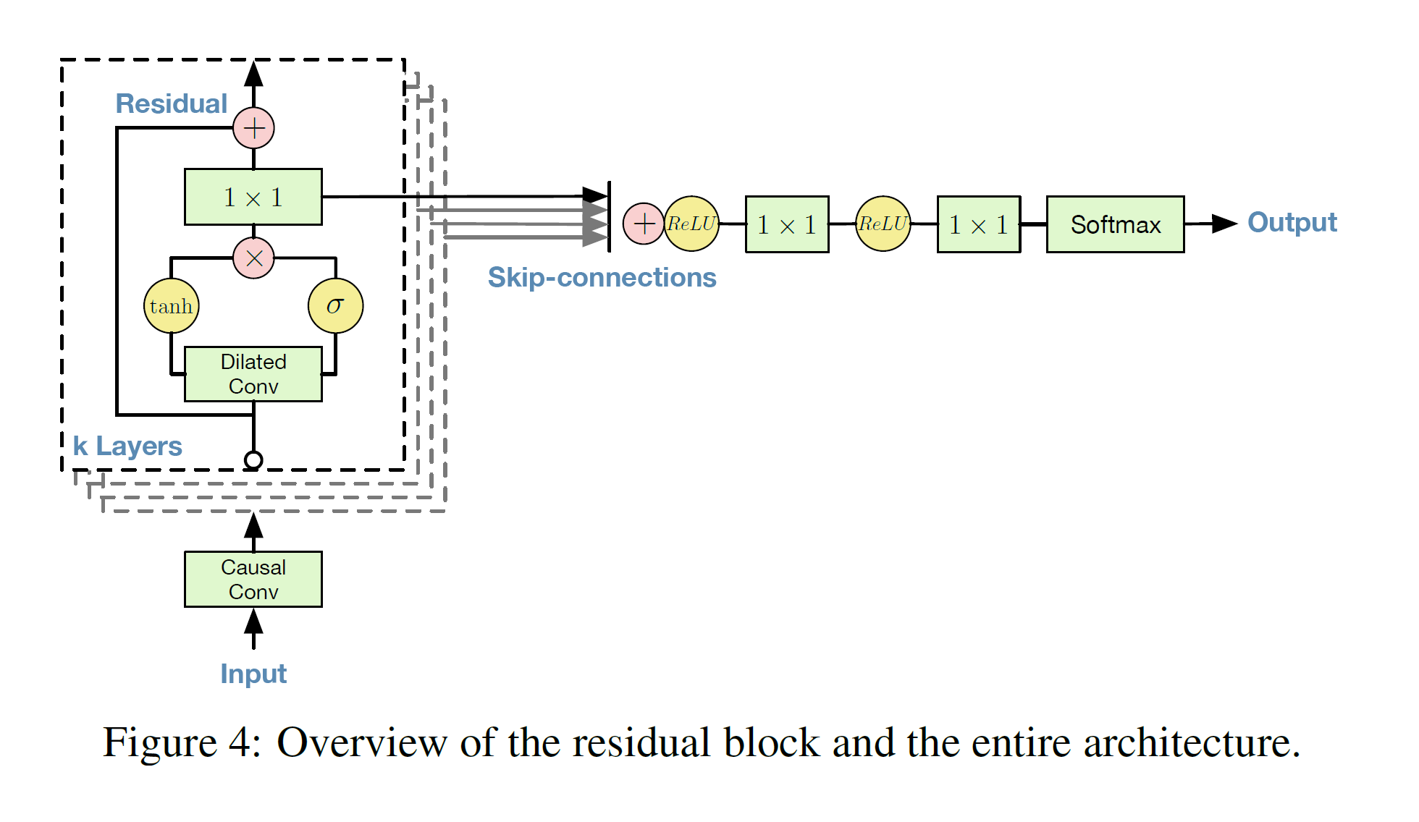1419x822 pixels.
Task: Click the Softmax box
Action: coord(1115,224)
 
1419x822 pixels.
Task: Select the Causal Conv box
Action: coord(253,579)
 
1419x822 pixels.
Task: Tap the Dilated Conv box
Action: coord(253,374)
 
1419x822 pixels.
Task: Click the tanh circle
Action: coord(172,306)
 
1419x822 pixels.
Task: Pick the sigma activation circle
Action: coord(335,306)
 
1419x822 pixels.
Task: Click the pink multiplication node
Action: coord(253,258)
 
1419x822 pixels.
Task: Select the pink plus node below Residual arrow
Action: coord(253,129)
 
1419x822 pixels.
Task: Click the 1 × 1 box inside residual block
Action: coord(253,197)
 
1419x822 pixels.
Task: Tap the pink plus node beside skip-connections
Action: coord(643,224)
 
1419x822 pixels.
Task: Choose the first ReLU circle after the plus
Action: coord(692,224)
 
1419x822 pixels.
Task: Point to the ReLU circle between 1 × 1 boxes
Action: coord(883,224)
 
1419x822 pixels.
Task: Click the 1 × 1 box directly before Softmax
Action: coord(979,224)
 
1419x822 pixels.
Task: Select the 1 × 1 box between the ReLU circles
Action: coord(787,224)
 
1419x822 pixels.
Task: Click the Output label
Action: coord(1292,222)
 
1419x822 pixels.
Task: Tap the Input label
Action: coord(253,674)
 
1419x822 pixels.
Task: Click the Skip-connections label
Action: coord(602,277)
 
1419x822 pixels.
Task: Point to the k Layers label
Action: coord(127,446)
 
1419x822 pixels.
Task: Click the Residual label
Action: coord(172,103)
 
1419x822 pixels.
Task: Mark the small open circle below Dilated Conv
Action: coord(253,459)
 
